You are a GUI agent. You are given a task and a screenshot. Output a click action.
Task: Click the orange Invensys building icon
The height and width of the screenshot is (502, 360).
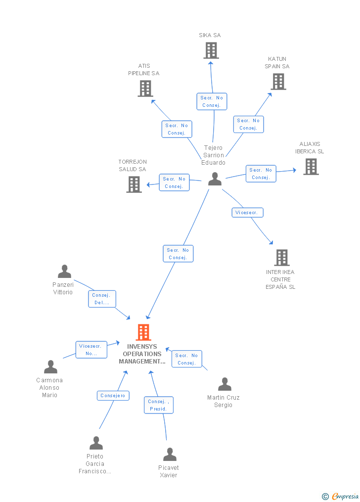point(143,332)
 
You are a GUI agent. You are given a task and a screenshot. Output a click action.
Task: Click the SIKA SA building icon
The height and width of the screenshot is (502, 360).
point(211,50)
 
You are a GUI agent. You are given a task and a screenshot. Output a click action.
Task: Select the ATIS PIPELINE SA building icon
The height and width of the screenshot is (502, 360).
point(145,89)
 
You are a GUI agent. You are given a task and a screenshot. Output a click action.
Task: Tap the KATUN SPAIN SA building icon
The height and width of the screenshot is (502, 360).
point(278,81)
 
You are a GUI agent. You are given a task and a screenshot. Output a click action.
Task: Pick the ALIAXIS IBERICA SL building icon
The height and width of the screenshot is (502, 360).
point(311,167)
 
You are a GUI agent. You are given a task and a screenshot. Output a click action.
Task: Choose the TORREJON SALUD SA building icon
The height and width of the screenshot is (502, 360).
point(134,184)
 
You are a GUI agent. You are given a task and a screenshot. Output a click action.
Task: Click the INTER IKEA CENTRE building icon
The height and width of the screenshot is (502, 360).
point(282,258)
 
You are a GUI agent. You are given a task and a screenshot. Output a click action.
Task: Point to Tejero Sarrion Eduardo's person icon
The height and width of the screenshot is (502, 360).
point(215,179)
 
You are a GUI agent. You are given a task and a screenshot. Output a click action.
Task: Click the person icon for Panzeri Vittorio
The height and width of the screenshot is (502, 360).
point(65,271)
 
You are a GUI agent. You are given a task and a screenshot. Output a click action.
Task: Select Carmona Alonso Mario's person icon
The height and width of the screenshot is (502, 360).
point(50,366)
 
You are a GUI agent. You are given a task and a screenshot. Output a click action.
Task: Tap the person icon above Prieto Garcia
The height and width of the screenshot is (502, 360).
point(96,443)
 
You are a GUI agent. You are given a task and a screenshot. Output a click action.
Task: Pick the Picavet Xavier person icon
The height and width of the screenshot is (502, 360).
point(170,455)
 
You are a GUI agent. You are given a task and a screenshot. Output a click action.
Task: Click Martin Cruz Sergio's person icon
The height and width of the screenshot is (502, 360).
point(225,384)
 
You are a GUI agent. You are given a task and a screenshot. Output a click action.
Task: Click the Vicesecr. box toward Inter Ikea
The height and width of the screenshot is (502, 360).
point(247,213)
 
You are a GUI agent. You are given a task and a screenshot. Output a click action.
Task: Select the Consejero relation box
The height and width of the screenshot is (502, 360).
point(113,396)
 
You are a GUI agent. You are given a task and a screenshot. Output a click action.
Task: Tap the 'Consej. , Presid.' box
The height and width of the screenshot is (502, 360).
point(159,405)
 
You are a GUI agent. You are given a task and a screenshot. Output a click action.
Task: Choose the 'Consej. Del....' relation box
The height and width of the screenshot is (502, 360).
point(102,299)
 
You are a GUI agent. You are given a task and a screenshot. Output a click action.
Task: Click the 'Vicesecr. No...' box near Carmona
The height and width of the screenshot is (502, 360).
point(91,350)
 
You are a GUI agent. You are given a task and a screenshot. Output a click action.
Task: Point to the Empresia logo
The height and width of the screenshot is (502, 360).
point(340,496)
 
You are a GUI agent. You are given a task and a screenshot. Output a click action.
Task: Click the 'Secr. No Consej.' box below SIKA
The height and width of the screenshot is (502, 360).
point(212,101)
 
